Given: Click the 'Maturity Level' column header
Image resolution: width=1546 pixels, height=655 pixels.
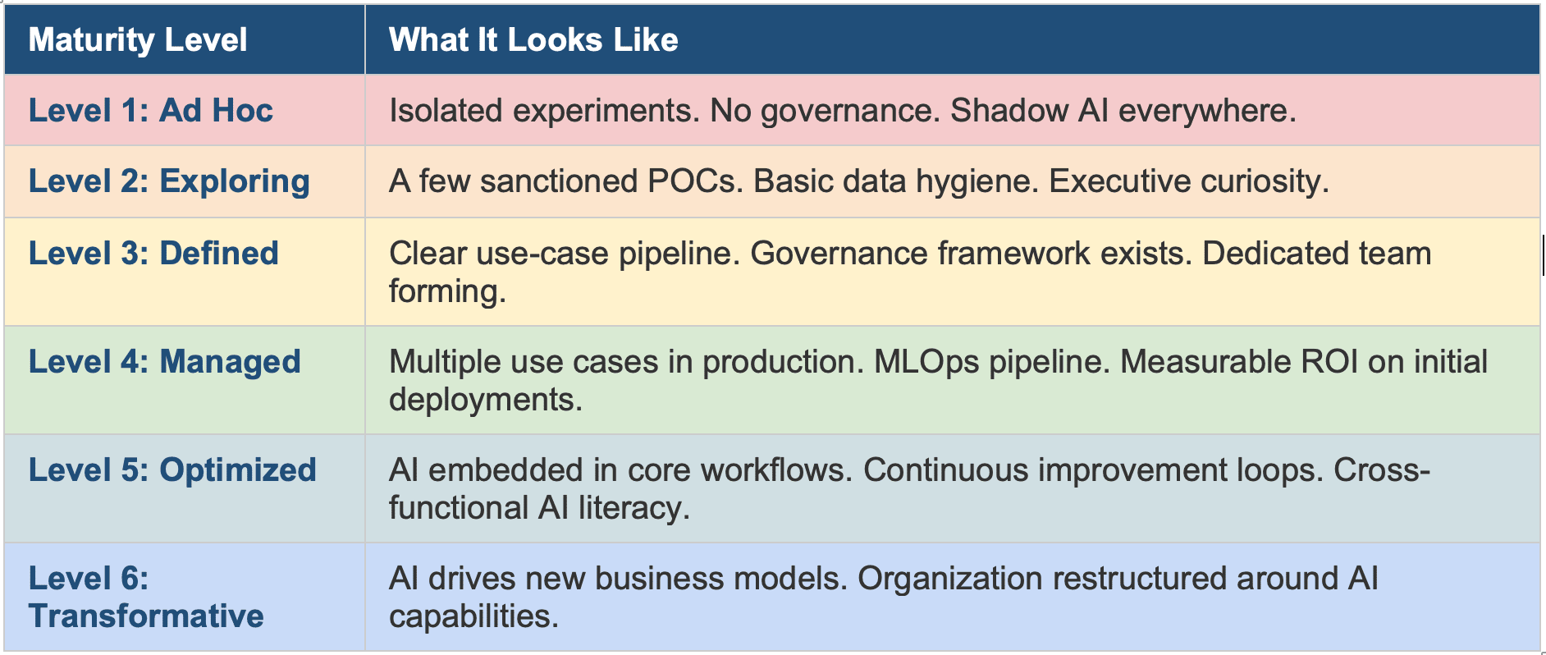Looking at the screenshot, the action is [x=138, y=40].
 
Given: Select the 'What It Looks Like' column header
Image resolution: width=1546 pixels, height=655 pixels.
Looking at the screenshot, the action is [x=533, y=40].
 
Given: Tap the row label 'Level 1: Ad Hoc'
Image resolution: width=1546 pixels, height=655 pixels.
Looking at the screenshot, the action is [x=151, y=111].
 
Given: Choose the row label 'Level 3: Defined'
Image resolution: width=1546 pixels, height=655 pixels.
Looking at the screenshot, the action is [x=153, y=254].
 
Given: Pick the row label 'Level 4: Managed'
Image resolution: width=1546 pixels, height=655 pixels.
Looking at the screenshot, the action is [x=165, y=362].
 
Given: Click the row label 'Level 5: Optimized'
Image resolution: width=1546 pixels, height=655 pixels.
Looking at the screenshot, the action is [x=172, y=470].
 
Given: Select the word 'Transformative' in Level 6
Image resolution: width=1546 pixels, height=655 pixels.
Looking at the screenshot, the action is [x=146, y=616].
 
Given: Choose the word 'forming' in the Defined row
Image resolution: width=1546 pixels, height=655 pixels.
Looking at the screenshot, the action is [x=447, y=292].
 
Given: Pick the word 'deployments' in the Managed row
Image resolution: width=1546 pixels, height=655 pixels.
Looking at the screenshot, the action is [x=486, y=401].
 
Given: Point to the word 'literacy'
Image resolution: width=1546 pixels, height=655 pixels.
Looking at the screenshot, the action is [x=633, y=509].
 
